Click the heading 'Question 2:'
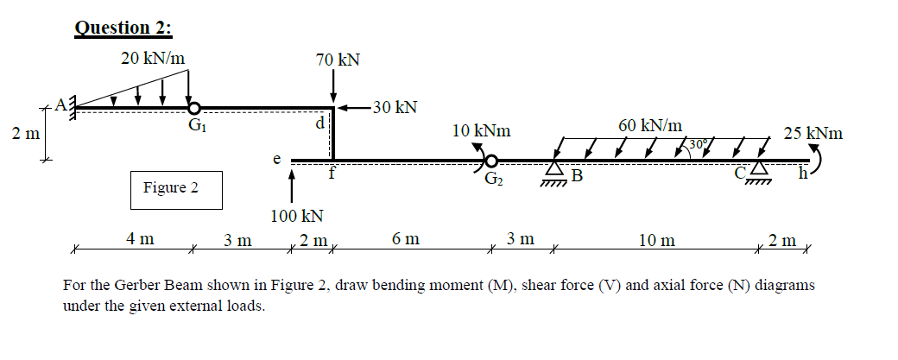click(x=123, y=27)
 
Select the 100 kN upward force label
click(x=297, y=215)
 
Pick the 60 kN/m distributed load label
click(x=650, y=125)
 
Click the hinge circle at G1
click(x=195, y=108)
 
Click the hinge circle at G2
click(x=491, y=161)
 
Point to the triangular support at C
click(x=759, y=172)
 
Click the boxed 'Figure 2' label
click(x=171, y=187)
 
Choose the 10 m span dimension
click(x=656, y=240)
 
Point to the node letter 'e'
click(x=276, y=158)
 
